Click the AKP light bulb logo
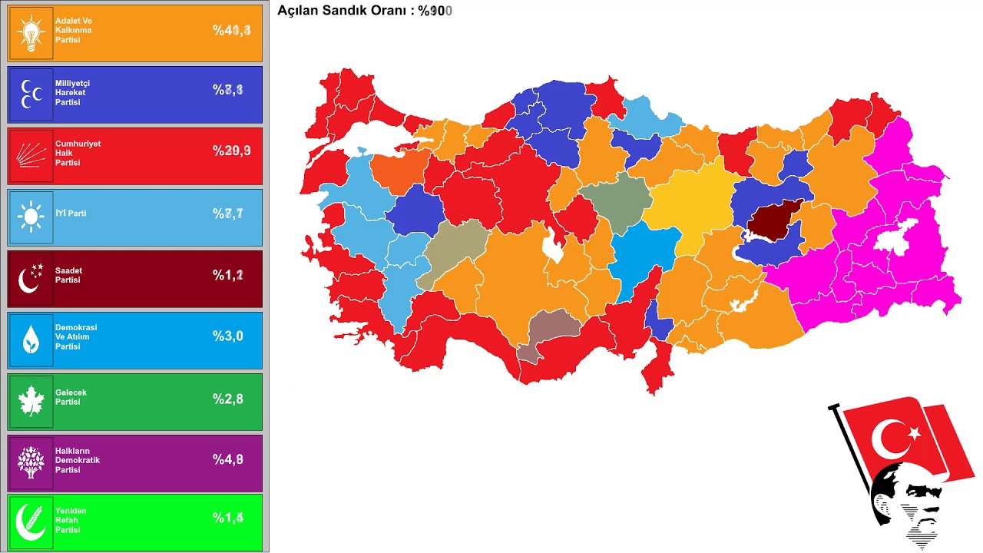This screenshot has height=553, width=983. pos(31,34)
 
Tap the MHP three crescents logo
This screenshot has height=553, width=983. pos(31,94)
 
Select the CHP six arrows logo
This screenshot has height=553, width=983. pos(31,157)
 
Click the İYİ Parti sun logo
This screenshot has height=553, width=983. pos(31,217)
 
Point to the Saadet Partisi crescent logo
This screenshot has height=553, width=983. pos(31,279)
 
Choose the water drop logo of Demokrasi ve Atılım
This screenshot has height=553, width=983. pos(31,340)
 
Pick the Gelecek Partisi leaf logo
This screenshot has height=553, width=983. pos(31,401)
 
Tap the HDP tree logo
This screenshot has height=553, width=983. pos(31,462)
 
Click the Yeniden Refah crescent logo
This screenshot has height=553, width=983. pos(31,522)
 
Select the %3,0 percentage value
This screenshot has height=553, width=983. pos(228,336)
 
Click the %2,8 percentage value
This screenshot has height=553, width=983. pos(228,398)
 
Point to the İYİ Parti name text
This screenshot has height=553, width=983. pos(71,213)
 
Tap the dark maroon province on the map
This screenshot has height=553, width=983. pos(774,220)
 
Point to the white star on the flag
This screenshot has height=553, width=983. pos(915,434)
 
